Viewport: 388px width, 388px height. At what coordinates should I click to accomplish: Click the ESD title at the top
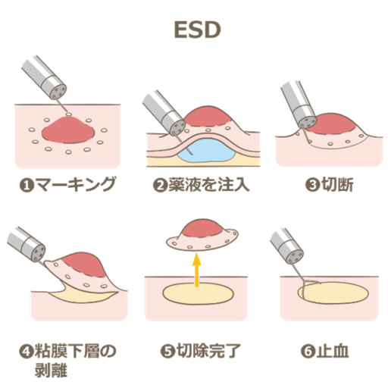[197, 30]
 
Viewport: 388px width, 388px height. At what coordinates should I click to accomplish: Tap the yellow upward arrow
[196, 271]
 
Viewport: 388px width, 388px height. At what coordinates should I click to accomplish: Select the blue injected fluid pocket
[206, 150]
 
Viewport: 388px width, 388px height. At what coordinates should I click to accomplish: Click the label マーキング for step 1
[76, 184]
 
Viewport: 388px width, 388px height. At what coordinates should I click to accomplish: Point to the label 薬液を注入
[208, 184]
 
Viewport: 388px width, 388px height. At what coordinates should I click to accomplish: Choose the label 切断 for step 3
[337, 184]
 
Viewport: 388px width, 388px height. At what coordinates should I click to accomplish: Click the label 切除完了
[208, 351]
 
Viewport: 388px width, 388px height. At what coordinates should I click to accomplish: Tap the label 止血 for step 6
[332, 351]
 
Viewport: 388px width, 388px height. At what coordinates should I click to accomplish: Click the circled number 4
[27, 352]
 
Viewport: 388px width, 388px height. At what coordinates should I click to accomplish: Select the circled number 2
[160, 185]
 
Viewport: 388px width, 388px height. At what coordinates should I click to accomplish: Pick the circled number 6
[308, 352]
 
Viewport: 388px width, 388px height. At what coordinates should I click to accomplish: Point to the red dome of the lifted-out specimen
[202, 229]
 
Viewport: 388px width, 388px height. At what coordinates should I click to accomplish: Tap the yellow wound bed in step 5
[198, 293]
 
